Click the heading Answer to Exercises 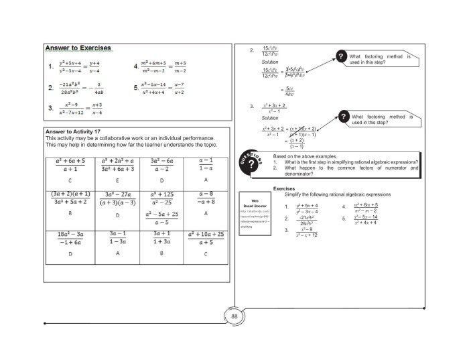click(78, 48)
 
